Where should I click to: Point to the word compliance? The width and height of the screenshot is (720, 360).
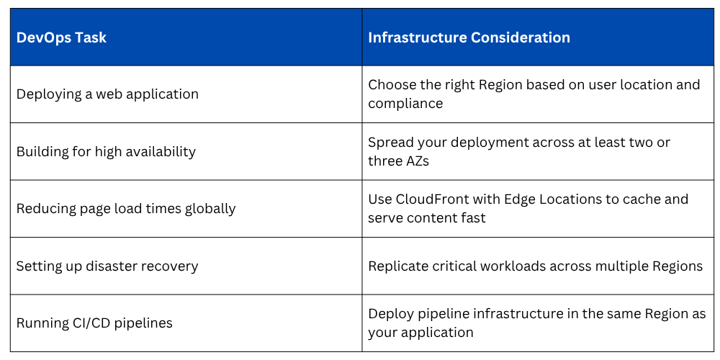tap(405, 104)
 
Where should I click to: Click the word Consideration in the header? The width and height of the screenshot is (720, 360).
tap(521, 37)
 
